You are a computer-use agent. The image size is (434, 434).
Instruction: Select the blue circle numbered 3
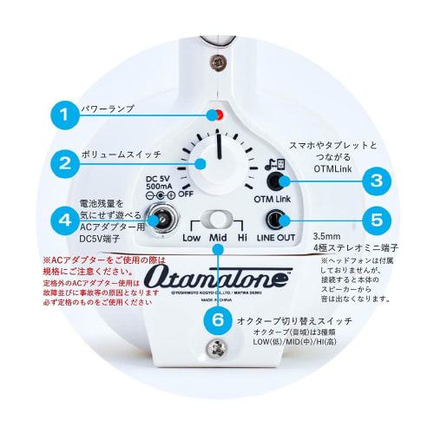coord(376,181)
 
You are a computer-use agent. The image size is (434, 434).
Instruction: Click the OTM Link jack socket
coord(279,181)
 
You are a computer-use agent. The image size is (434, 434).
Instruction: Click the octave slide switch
coord(218,220)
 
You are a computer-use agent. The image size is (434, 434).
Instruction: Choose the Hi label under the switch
coord(242,237)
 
